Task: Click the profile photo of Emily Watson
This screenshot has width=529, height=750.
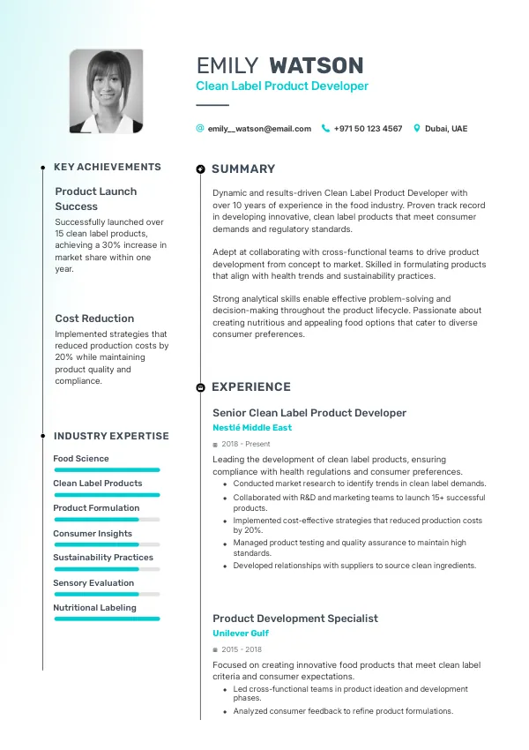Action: tap(107, 91)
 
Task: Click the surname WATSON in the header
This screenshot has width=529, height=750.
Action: tap(316, 65)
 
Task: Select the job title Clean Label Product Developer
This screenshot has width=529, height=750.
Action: tap(282, 86)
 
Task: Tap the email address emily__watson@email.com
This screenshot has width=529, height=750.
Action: tap(259, 129)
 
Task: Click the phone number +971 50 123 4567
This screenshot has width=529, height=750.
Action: tap(368, 129)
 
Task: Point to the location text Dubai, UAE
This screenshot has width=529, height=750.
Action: tap(446, 129)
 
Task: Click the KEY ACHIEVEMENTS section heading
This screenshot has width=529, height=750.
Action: tap(108, 167)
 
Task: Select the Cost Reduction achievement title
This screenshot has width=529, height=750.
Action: tap(94, 319)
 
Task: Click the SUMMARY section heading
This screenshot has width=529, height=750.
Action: tap(243, 169)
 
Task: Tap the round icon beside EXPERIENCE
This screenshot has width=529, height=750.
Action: tap(201, 387)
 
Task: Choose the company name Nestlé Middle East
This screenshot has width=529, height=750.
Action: tap(252, 428)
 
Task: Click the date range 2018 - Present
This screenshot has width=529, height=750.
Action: tap(246, 444)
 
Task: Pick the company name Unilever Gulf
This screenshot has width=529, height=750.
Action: tap(241, 634)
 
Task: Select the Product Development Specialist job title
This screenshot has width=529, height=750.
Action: tap(295, 619)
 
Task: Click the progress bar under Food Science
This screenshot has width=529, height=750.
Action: tap(107, 470)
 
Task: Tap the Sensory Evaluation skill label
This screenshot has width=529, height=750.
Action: tap(93, 583)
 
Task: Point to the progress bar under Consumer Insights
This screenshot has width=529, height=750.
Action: tap(107, 544)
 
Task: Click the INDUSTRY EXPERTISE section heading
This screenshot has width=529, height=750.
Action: tap(111, 436)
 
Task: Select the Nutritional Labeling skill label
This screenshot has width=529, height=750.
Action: tap(94, 608)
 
